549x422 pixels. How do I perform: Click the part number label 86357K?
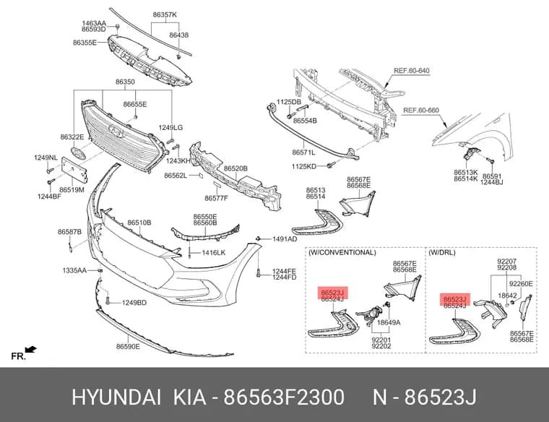click(165, 14)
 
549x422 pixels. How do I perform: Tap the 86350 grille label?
click(125, 82)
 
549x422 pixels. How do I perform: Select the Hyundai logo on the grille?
click(116, 131)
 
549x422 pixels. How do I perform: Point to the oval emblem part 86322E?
click(78, 153)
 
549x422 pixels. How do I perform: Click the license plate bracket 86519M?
click(74, 170)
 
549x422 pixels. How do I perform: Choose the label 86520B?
click(235, 168)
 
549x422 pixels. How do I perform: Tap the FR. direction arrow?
click(31, 350)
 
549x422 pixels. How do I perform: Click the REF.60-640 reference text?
click(412, 71)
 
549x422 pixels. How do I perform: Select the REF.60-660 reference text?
click(421, 111)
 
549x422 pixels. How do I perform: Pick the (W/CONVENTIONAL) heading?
click(342, 252)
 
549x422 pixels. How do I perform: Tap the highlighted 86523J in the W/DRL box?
click(454, 299)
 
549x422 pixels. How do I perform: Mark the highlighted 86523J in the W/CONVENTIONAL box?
click(332, 293)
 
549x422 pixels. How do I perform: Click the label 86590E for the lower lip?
click(128, 346)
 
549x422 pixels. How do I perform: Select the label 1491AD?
click(285, 239)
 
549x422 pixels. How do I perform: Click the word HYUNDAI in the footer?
click(116, 397)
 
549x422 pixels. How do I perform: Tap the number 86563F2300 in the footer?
click(284, 397)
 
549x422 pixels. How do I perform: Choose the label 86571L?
click(303, 152)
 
